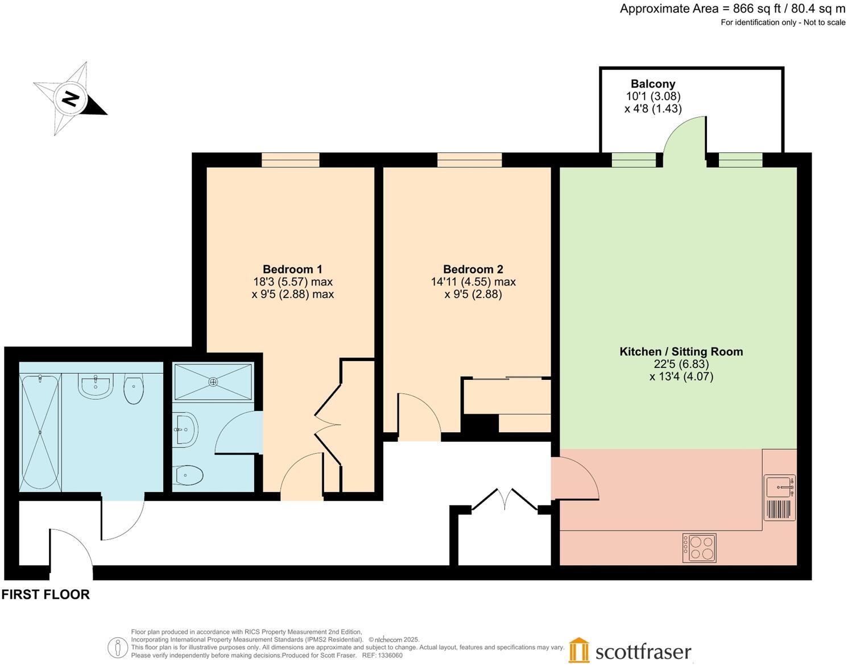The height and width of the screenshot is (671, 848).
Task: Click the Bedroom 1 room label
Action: [x=292, y=270]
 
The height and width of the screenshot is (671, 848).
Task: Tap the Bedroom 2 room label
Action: [x=473, y=270]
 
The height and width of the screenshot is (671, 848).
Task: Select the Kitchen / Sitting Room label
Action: [x=681, y=352]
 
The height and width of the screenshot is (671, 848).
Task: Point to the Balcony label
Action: [x=653, y=84]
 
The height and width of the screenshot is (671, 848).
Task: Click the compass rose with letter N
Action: [x=70, y=99]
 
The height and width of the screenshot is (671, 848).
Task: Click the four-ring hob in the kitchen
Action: [x=699, y=548]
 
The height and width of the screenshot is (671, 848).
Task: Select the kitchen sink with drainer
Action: [x=780, y=498]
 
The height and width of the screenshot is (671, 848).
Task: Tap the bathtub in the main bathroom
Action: [x=40, y=432]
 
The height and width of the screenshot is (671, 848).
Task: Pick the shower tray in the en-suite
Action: [x=213, y=382]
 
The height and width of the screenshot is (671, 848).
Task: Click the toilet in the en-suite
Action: [x=188, y=475]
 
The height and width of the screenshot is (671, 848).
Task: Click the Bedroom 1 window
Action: [x=290, y=160]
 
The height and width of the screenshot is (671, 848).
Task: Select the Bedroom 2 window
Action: [x=469, y=160]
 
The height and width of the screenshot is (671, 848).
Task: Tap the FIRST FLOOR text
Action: [x=45, y=595]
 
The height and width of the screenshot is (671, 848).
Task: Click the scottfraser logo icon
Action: [x=579, y=650]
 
